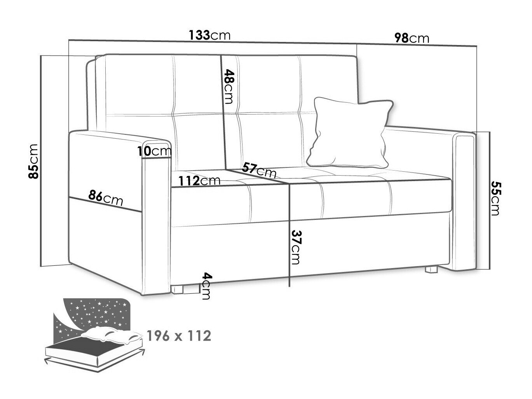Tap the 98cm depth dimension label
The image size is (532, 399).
point(412,38)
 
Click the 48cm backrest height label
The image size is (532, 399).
point(229,87)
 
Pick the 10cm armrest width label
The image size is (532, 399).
point(154,151)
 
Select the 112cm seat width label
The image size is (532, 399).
point(199,180)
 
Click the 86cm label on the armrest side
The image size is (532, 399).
point(106,199)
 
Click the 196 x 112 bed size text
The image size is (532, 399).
point(179,335)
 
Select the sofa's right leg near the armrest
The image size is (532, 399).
point(432,268)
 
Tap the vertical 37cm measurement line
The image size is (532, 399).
point(290,249)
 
